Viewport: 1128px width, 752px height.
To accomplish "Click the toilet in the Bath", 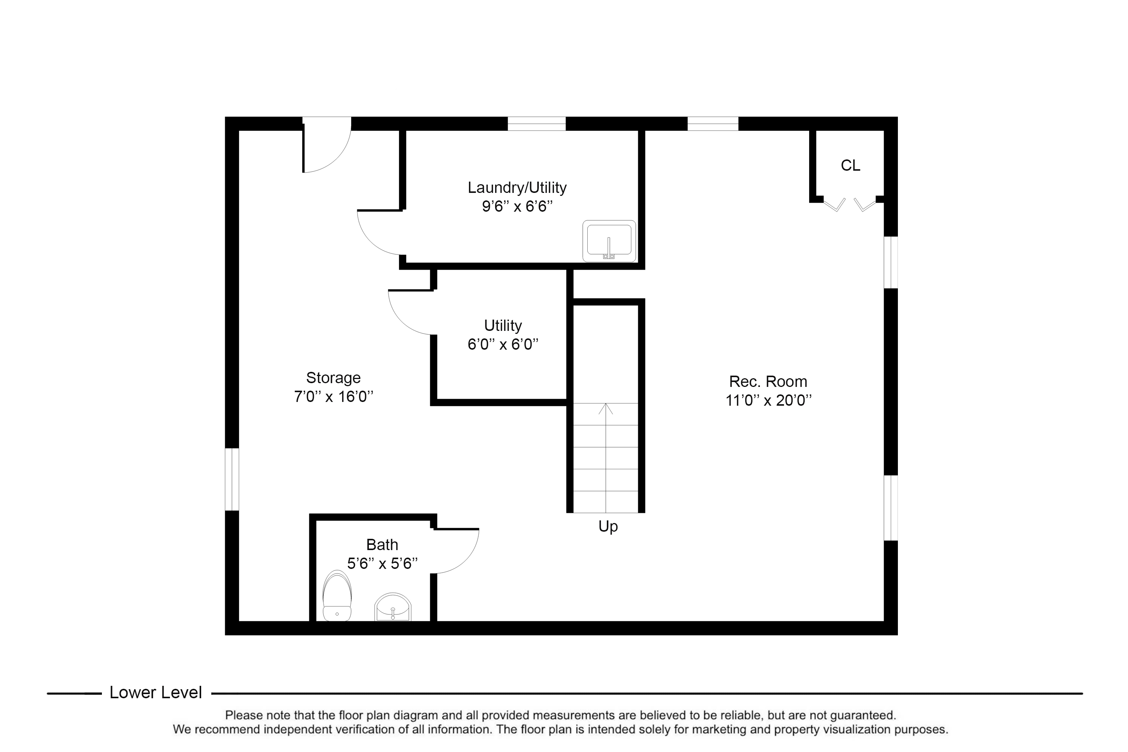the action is point(337,596).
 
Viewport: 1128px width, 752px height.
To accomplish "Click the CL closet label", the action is point(850,165).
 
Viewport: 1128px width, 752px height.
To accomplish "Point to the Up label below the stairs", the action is point(608,527).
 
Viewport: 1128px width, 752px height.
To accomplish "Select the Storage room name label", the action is point(333,378).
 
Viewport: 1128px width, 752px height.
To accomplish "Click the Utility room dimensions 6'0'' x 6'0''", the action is point(503,344).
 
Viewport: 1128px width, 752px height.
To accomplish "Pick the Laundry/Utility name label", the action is point(517,188).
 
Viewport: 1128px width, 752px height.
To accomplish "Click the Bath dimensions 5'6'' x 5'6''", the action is point(382,564).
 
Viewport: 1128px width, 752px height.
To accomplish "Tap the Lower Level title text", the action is point(156,693).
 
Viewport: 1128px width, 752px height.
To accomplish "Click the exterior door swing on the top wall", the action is point(327,144).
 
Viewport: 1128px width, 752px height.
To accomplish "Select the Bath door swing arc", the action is point(456,551).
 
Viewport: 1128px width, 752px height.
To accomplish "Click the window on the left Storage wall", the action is point(232,479).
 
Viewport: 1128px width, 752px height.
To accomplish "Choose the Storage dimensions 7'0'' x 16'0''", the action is point(334,397).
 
